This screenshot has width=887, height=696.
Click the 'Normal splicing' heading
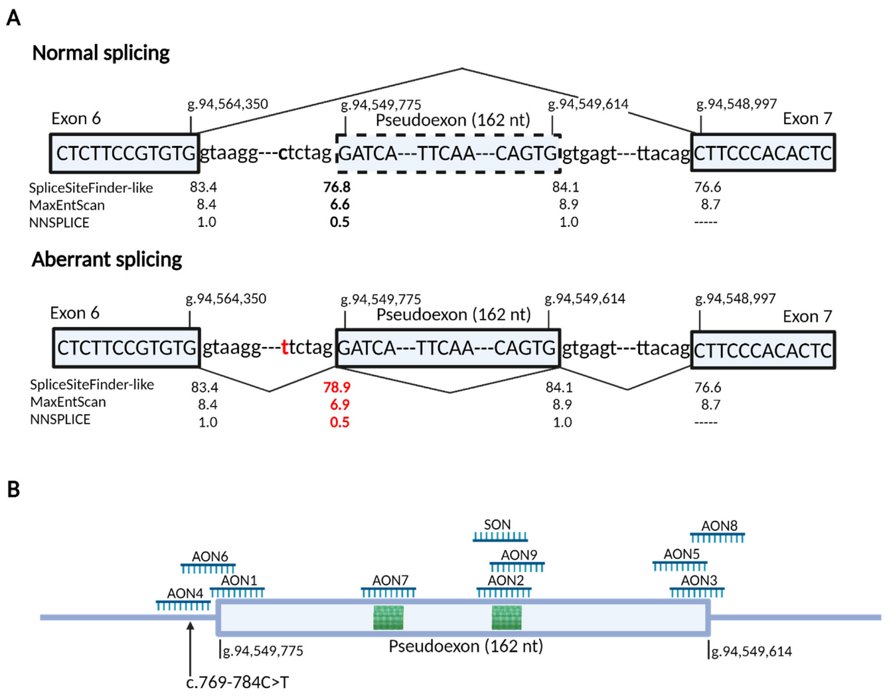[x=101, y=53]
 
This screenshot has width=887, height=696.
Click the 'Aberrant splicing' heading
[x=107, y=259]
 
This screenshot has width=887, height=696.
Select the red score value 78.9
[x=337, y=387]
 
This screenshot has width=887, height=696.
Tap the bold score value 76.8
[x=337, y=187]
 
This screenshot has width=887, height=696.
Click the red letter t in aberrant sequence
[x=285, y=347]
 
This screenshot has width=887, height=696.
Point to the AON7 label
[x=390, y=581]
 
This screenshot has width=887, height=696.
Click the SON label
[x=497, y=525]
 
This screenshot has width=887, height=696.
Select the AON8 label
[x=719, y=526]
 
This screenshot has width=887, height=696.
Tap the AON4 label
[x=185, y=593]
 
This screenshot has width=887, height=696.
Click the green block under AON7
[x=388, y=618]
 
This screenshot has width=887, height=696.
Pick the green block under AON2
[x=506, y=618]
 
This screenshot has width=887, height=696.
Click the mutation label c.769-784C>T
[x=238, y=682]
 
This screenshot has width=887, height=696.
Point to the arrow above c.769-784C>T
[x=191, y=648]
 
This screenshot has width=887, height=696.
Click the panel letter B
[x=13, y=490]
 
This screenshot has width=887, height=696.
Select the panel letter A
[x=13, y=18]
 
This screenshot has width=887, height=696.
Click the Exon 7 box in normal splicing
[x=762, y=153]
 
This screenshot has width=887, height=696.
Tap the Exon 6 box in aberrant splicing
[x=126, y=348]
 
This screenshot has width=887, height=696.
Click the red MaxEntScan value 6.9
[x=339, y=404]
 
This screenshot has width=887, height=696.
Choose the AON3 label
[x=698, y=581]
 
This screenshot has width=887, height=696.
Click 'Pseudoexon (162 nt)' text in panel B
[x=465, y=646]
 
